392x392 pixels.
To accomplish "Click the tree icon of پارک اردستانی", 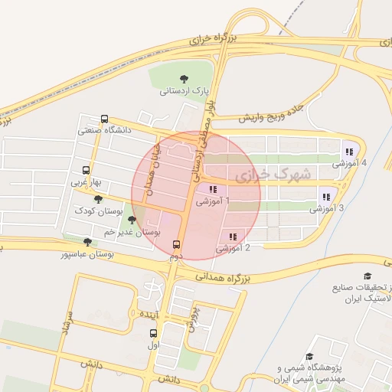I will tap(183, 78).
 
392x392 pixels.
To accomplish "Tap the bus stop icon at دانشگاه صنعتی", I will tap(104, 119).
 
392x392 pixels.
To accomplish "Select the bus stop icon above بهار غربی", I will tap(85, 171).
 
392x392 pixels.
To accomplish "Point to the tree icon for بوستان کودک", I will tap(97, 199).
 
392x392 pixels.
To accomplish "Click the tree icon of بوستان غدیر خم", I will tap(132, 220).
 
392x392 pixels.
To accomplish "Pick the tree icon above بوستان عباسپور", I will tap(87, 243).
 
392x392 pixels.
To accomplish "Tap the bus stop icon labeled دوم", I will tap(177, 245).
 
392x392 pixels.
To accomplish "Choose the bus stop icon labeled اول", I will tap(153, 333).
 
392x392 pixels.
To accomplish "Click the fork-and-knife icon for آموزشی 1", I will tap(213, 189).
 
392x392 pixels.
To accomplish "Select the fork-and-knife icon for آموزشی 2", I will tap(233, 236).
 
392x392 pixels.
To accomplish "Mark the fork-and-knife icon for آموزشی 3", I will tap(327, 195).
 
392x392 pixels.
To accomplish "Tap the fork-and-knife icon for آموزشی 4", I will tap(350, 152).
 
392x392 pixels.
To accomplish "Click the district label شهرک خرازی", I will tap(273, 175).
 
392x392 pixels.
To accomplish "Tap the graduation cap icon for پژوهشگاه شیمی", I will tap(309, 356).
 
